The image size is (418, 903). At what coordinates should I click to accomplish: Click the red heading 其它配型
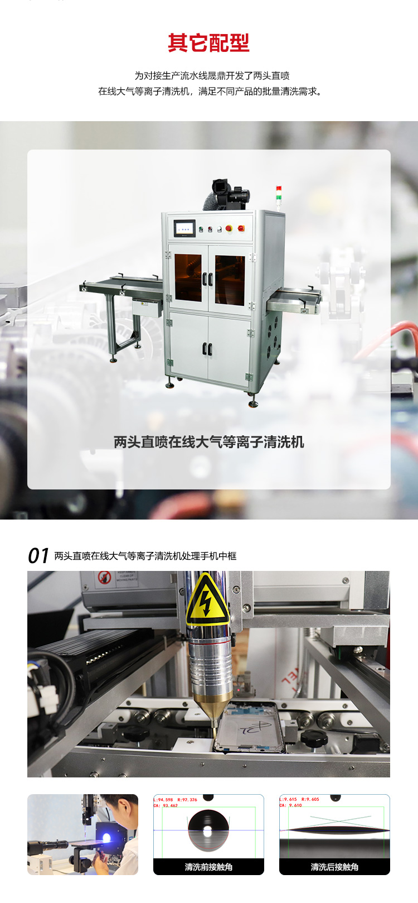click(x=208, y=43)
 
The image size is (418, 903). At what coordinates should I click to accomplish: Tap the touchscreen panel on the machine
click(x=185, y=228)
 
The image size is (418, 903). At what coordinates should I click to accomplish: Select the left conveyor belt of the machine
click(x=121, y=285)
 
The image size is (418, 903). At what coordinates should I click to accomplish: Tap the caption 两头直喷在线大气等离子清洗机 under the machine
click(x=208, y=442)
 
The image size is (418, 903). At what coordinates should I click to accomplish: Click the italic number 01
click(x=38, y=556)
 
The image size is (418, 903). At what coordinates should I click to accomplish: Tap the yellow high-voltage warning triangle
click(x=207, y=602)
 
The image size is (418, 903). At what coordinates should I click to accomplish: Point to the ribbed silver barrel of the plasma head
click(x=210, y=667)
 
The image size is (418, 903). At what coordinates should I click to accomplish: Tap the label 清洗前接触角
click(x=208, y=867)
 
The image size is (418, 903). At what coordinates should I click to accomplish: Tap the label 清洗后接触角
click(x=334, y=867)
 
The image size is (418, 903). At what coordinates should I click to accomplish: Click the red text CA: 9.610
click(x=291, y=805)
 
